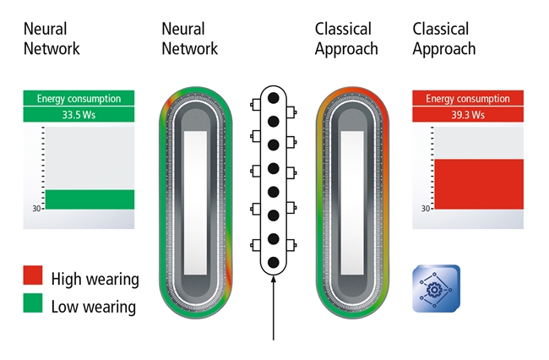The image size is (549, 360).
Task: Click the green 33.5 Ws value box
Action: click(79, 115)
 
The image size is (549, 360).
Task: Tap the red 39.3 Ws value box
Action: click(468, 115)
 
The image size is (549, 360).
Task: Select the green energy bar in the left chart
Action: click(90, 199)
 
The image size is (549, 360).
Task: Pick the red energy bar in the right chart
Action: click(479, 184)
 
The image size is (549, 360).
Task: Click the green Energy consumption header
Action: click(79, 98)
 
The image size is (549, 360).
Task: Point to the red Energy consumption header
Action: click(468, 98)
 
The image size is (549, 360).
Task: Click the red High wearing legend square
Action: click(33, 275)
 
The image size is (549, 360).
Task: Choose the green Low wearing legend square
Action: click(33, 303)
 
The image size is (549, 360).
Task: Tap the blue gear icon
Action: click(437, 288)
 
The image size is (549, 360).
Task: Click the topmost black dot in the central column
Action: click(274, 98)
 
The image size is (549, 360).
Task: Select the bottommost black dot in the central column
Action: click(274, 262)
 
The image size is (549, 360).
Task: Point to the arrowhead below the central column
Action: click(274, 279)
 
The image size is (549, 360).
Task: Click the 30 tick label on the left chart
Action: click(36, 209)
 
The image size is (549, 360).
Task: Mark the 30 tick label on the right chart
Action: click(426, 209)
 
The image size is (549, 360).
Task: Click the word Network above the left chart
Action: click(52, 48)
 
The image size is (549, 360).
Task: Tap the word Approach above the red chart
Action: click(444, 49)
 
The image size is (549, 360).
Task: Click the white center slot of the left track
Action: click(195, 203)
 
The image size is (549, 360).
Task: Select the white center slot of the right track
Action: click(352, 203)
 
